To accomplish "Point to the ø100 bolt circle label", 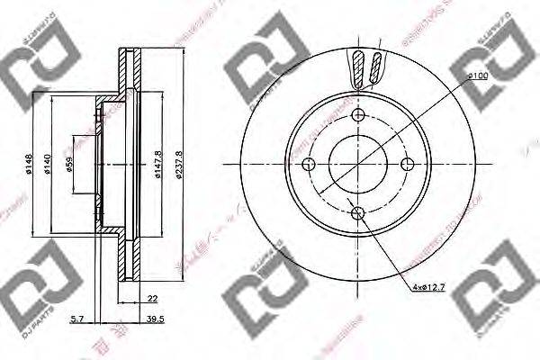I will pyautogui.click(x=478, y=78).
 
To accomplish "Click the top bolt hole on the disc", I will pyautogui.click(x=359, y=114).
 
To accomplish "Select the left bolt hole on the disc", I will pyautogui.click(x=310, y=164).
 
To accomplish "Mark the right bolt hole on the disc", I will pyautogui.click(x=408, y=164).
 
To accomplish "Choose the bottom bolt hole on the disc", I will pyautogui.click(x=359, y=213).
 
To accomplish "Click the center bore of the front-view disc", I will pyautogui.click(x=359, y=164).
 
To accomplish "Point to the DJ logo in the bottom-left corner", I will pyautogui.click(x=38, y=288).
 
